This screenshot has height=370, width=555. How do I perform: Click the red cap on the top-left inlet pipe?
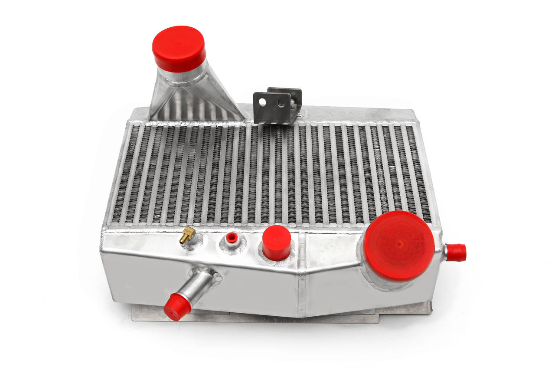pyautogui.click(x=179, y=48)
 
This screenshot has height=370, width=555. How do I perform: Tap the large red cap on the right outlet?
pyautogui.click(x=398, y=246)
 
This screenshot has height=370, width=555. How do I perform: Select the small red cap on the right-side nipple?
pyautogui.click(x=456, y=252)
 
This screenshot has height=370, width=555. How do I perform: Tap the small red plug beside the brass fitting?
pyautogui.click(x=232, y=238)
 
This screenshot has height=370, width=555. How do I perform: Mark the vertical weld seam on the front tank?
pyautogui.click(x=302, y=278)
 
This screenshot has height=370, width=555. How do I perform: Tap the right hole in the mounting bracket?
pyautogui.click(x=282, y=103)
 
